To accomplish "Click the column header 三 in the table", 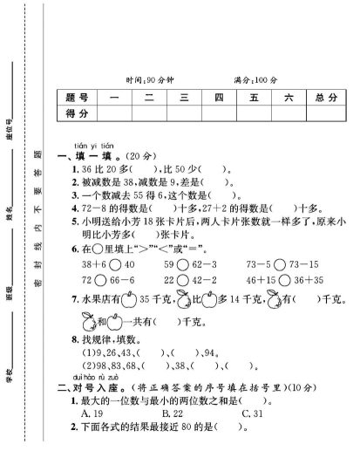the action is coord(183,96).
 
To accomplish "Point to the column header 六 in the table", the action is coord(287,96).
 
